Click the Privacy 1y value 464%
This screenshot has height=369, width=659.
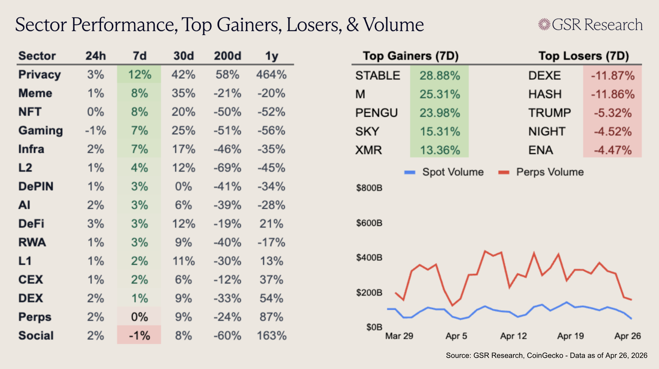click(271, 75)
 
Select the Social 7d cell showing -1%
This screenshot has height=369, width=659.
click(139, 335)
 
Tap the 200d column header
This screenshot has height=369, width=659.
click(227, 56)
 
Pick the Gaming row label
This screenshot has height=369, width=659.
click(40, 130)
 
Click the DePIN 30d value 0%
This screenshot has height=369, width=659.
click(183, 187)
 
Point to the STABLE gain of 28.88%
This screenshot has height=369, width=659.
click(439, 75)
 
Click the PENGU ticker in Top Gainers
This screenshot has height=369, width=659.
click(376, 113)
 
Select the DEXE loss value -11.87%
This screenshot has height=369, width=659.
click(612, 75)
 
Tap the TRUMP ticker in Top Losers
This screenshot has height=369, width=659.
click(550, 113)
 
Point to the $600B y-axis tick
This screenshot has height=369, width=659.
click(369, 223)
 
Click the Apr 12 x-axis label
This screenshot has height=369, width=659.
click(514, 336)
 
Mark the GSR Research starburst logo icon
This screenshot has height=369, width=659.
click(544, 24)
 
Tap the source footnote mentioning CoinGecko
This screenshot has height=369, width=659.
click(547, 355)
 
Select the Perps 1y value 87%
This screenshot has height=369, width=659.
click(271, 317)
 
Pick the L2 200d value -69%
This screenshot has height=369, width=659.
click(227, 168)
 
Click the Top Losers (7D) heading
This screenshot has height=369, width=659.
click(584, 56)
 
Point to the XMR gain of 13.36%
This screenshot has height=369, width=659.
click(439, 150)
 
